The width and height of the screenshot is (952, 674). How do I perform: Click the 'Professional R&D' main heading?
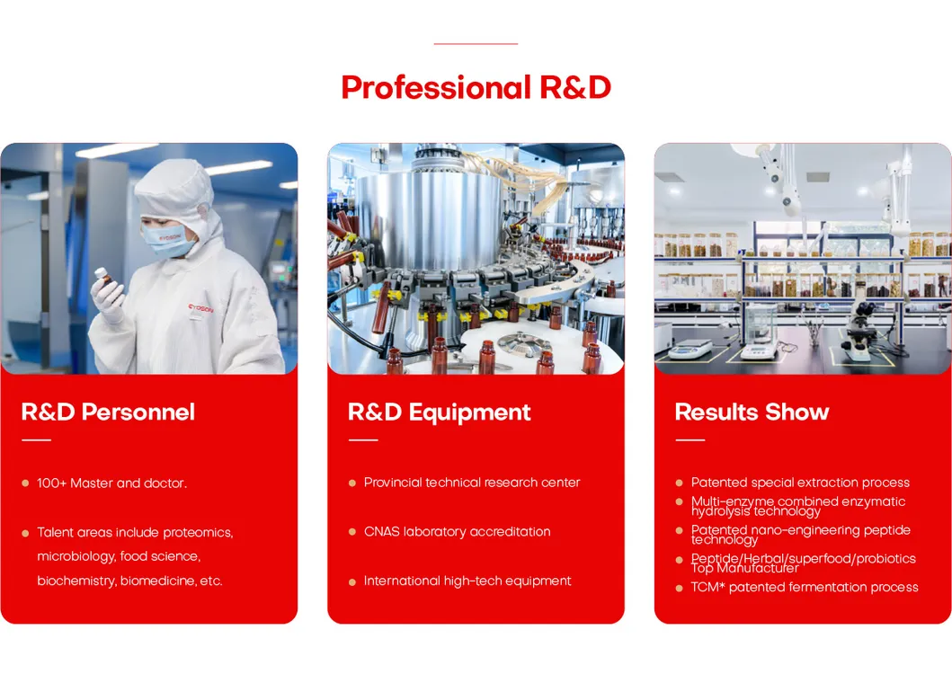[476, 87]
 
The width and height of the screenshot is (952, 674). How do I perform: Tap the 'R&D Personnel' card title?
[108, 412]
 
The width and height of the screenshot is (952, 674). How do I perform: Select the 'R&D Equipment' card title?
[440, 412]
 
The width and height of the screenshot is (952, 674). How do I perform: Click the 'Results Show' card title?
[752, 412]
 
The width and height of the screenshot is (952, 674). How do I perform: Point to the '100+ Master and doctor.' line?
[111, 483]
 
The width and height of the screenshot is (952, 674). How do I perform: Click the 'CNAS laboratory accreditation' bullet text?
[458, 532]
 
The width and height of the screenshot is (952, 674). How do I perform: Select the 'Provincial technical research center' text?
[472, 483]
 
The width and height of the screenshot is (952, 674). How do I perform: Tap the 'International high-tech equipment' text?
[467, 581]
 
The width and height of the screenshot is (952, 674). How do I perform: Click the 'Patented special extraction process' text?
[800, 483]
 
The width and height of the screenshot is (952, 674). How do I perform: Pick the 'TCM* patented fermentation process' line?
[805, 587]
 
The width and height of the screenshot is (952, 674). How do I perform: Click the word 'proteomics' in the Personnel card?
[198, 533]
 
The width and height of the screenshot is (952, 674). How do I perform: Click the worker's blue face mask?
[168, 241]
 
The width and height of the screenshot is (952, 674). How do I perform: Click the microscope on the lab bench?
[858, 331]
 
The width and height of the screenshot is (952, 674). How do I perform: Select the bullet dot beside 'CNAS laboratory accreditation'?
[352, 532]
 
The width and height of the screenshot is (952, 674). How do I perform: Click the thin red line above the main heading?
[476, 44]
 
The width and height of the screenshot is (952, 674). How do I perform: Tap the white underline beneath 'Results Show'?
[690, 439]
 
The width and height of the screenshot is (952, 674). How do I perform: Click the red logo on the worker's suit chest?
[200, 309]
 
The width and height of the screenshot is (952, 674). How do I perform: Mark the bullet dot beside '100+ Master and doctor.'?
[25, 483]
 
